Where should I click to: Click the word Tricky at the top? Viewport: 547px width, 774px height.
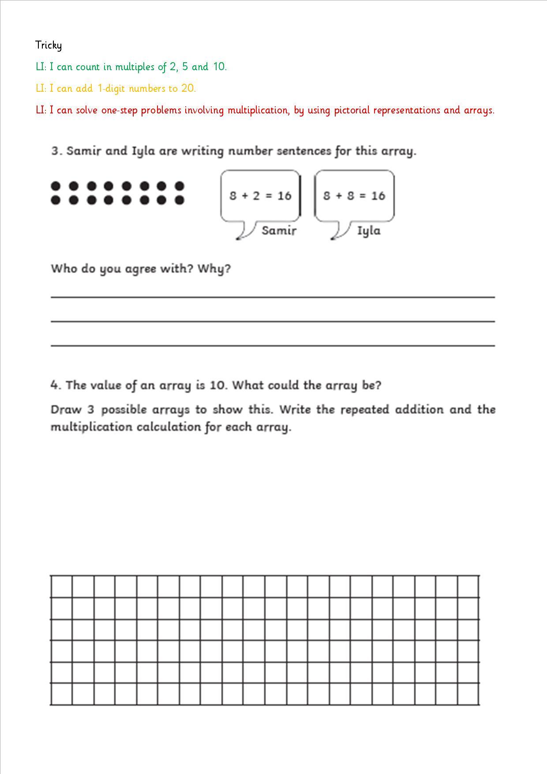coord(49,45)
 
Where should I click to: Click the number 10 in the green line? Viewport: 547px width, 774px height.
coord(219,67)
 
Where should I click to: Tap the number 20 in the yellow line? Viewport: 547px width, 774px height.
coord(187,88)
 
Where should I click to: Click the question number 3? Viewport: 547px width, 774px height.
coord(55,151)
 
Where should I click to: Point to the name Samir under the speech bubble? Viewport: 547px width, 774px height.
coord(279,230)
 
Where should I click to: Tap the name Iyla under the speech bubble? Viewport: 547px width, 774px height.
coord(368,231)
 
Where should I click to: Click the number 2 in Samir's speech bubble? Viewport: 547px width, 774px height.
coord(256,195)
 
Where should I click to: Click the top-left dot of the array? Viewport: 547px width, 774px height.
coord(56,186)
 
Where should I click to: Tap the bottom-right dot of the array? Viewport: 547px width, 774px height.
coord(179,200)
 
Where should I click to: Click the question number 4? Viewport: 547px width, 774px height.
coord(55,385)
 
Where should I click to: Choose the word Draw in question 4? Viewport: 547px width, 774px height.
coord(65,410)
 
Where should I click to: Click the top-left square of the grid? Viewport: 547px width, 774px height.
coord(61,586)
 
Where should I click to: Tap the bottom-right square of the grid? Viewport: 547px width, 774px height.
coord(468,694)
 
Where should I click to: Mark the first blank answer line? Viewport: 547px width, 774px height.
coord(273,297)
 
